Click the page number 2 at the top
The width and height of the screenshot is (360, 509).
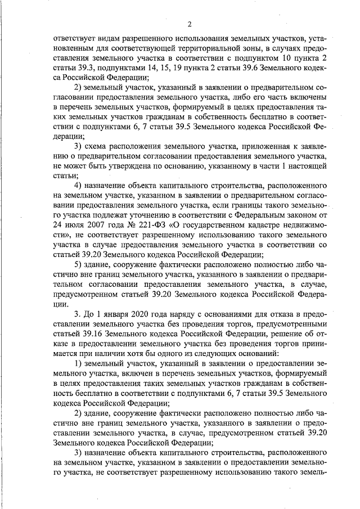pos(190,24)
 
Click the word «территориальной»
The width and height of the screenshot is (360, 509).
pos(197,48)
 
